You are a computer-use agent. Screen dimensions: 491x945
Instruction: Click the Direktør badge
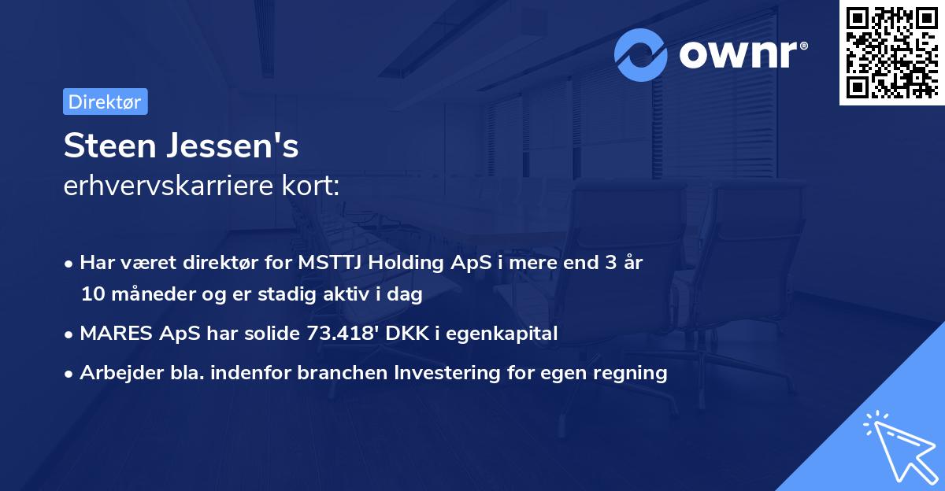105,102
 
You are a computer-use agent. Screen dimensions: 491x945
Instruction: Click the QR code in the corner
891,53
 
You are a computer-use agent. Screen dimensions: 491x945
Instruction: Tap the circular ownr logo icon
641,54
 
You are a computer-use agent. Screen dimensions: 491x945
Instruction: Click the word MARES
111,334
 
